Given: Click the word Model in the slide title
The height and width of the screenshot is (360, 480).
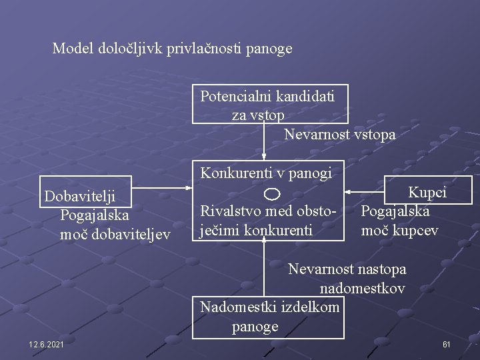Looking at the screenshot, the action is pyautogui.click(x=73, y=49).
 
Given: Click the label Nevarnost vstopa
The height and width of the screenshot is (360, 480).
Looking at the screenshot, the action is pyautogui.click(x=339, y=135).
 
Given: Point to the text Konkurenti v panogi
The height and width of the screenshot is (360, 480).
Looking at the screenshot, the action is pyautogui.click(x=266, y=173).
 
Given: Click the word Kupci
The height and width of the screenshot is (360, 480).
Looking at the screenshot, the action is pyautogui.click(x=427, y=193).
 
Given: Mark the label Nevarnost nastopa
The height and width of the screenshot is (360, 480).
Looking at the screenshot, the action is pyautogui.click(x=347, y=269).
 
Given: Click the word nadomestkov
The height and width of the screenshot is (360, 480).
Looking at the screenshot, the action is pyautogui.click(x=362, y=289).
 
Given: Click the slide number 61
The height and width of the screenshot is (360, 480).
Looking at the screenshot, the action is pyautogui.click(x=447, y=344).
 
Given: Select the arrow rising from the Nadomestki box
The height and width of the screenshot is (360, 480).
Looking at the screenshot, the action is pyautogui.click(x=264, y=267).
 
